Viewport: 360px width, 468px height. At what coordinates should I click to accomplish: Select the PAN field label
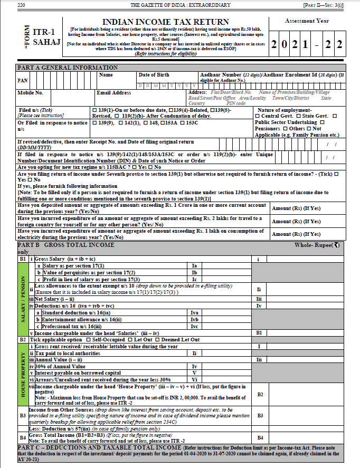(x=23, y=81)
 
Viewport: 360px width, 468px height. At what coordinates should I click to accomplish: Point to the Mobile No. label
(x=31, y=93)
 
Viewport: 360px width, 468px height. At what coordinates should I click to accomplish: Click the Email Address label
(x=114, y=93)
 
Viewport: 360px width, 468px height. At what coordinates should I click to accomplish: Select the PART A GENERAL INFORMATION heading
(x=68, y=68)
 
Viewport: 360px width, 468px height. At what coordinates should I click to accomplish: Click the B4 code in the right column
(x=260, y=437)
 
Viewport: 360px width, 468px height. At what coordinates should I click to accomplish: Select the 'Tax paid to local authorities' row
(x=67, y=353)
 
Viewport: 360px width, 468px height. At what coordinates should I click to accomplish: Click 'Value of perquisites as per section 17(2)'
(x=82, y=272)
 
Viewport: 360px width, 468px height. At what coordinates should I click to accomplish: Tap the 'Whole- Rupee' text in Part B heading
(x=314, y=245)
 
